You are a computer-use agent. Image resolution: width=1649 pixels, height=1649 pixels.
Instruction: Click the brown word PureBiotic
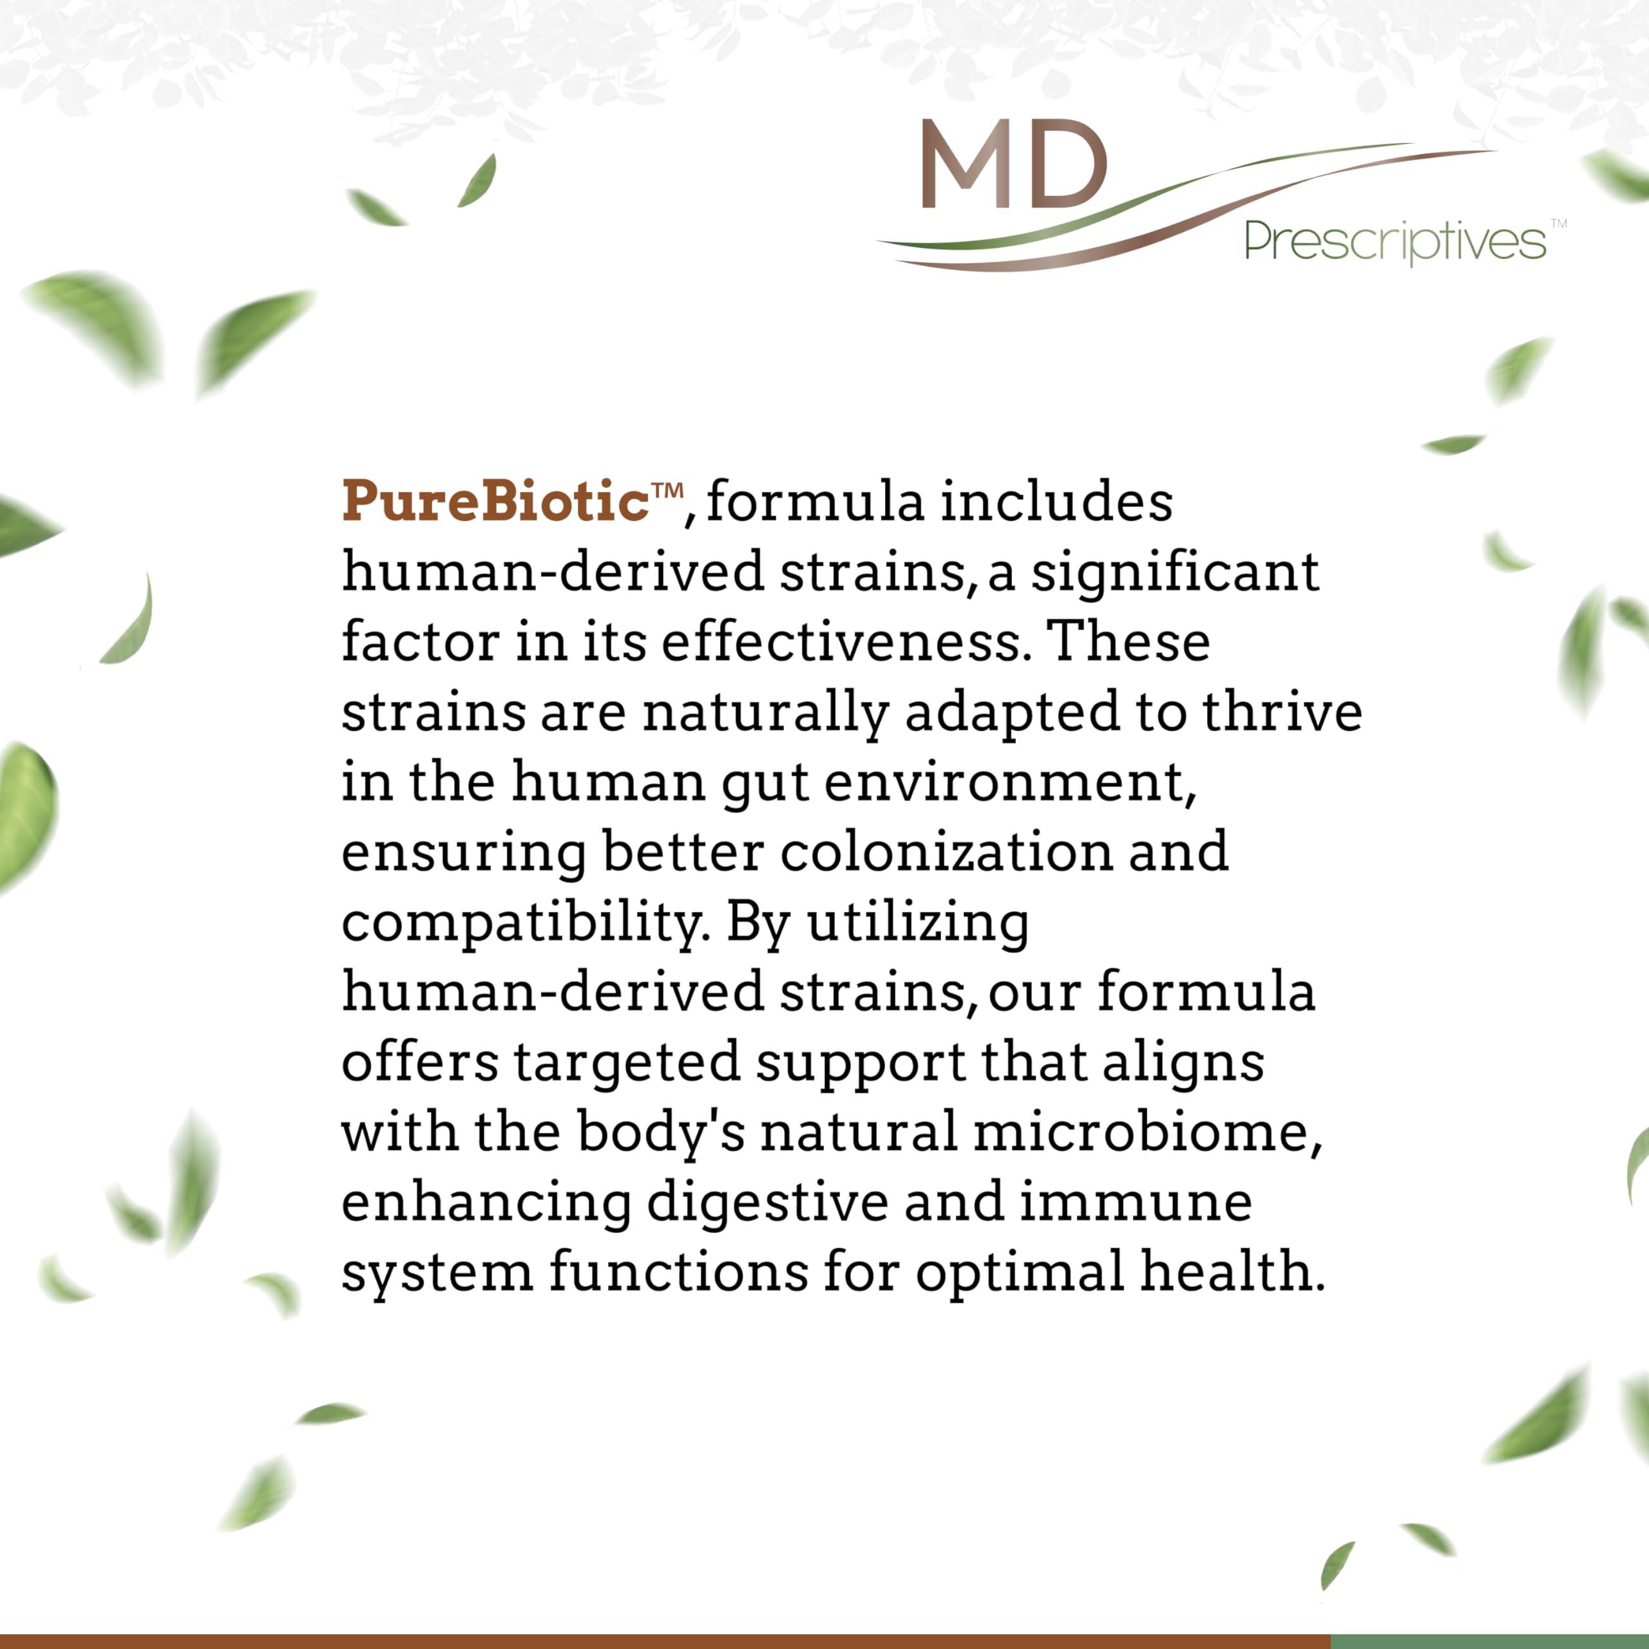click(495, 501)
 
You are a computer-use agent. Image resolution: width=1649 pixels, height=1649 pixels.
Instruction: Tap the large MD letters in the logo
click(1014, 165)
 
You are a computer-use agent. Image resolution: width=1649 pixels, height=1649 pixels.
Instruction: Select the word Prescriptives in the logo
click(1395, 242)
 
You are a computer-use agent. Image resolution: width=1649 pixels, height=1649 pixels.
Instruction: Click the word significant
click(1176, 573)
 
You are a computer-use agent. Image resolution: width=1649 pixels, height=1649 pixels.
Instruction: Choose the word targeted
click(627, 1063)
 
